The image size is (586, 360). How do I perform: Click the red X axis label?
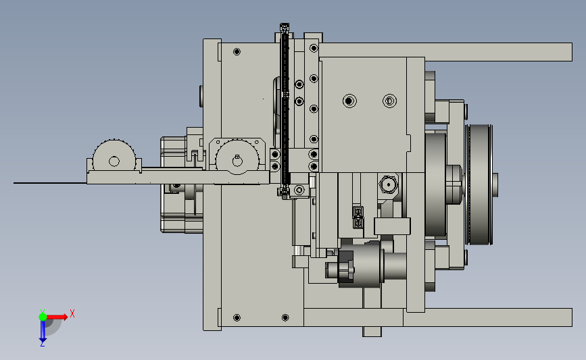[x=72, y=313]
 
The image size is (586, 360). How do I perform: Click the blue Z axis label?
[x=42, y=344]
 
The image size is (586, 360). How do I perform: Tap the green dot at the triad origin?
[x=43, y=317]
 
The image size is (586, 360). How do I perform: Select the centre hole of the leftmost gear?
[x=114, y=161]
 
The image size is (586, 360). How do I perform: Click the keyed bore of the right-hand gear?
[x=237, y=161]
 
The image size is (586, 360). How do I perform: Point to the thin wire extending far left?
[x=50, y=183]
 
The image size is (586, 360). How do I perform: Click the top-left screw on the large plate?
[x=237, y=51]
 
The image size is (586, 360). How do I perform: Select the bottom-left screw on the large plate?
[x=237, y=317]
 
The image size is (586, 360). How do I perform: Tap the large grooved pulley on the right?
[x=479, y=184]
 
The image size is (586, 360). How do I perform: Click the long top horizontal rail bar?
[x=445, y=52]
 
